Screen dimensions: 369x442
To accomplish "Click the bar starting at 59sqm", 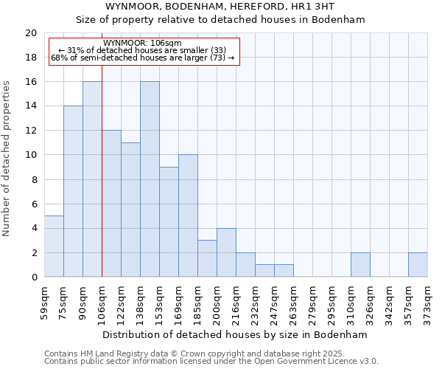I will pos(54,246).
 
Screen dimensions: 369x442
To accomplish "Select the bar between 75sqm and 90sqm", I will pos(73,191).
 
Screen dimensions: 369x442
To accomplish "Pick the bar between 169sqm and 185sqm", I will pos(188,215).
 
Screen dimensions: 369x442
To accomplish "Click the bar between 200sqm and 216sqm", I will pos(226,252).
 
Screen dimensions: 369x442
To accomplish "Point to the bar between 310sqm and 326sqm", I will pos(360,265).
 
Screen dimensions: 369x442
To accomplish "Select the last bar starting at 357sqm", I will pos(418,265).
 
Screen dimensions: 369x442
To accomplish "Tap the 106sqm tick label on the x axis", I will pos(101,301).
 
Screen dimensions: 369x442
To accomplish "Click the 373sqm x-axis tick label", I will pos(427,301).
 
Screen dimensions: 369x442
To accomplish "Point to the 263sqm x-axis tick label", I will pos(293,301).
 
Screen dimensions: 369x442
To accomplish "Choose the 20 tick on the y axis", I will pos(30,33).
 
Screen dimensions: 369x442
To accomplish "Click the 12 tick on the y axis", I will pos(30,131).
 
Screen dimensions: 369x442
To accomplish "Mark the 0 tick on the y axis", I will pos(33,277).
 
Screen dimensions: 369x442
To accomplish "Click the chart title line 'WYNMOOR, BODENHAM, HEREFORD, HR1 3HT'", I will pos(220,6).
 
